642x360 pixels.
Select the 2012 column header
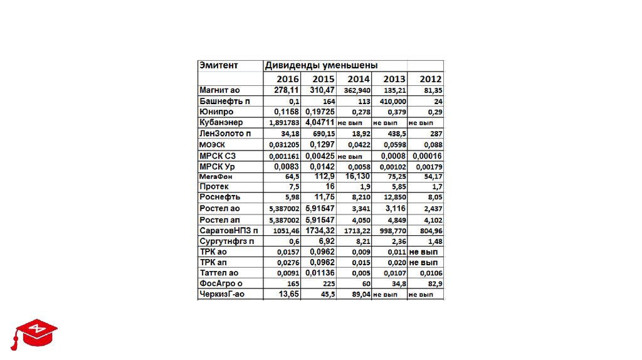(431, 79)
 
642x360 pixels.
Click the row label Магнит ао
(220, 90)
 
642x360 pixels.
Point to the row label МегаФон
(214, 177)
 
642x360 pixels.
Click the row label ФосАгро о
(219, 283)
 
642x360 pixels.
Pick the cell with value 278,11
(287, 90)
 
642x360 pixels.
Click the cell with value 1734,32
(320, 230)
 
